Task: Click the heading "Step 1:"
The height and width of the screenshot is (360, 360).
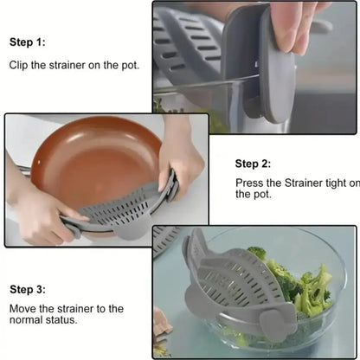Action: (x=28, y=42)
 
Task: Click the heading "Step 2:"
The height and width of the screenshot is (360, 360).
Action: (x=254, y=163)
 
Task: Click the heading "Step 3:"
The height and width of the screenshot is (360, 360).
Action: (x=28, y=289)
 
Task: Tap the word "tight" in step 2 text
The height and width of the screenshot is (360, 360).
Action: (x=328, y=183)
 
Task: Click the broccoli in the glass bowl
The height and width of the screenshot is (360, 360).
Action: (x=303, y=286)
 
